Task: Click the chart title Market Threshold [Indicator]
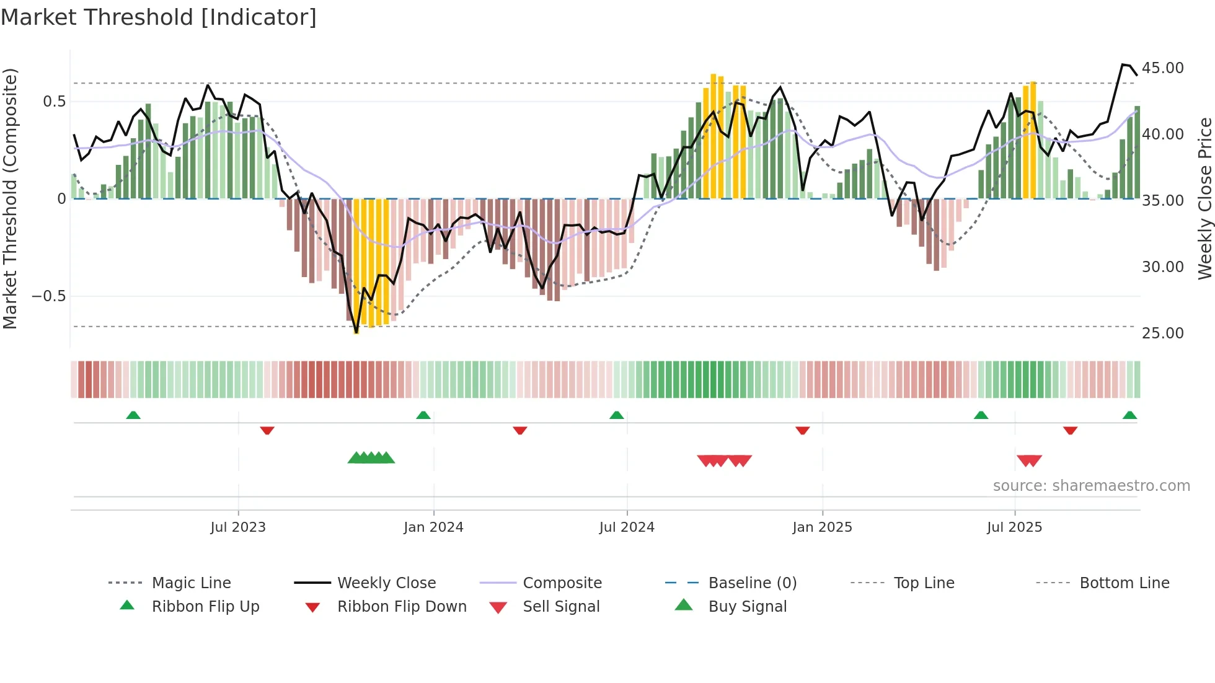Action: (159, 17)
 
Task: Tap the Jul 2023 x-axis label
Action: (238, 527)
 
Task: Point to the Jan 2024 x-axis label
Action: (433, 527)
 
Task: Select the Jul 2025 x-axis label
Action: (1014, 527)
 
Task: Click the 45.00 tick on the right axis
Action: (1162, 68)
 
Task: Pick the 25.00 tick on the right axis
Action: (1162, 333)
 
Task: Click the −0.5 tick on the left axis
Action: (49, 296)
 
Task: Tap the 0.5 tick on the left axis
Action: (54, 102)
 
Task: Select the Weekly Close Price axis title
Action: (1204, 198)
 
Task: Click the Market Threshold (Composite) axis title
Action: (10, 198)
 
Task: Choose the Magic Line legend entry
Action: (191, 583)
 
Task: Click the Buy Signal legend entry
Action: (747, 607)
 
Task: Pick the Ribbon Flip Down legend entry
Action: (401, 607)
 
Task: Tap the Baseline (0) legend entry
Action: (752, 583)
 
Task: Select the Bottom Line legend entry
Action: (1124, 583)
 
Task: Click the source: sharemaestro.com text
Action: (1091, 486)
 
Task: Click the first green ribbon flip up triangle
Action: (133, 415)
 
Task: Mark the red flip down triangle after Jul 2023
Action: (267, 430)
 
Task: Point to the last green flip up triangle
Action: (1129, 415)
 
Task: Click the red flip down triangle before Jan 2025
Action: (802, 430)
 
